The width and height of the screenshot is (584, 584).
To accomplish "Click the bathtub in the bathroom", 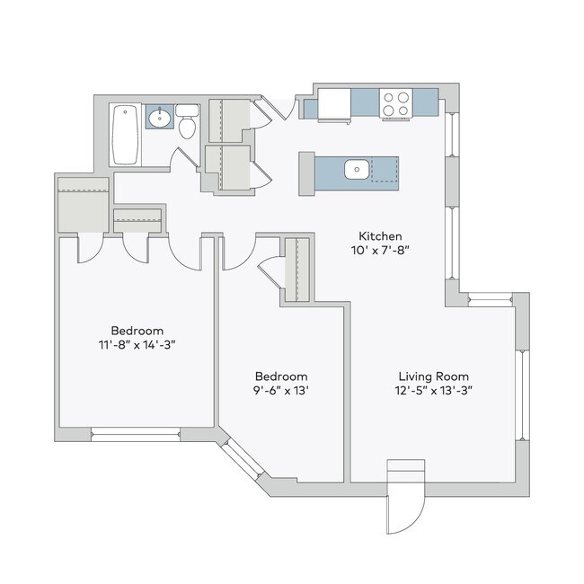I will click(x=125, y=135).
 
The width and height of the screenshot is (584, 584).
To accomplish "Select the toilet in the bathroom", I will click(x=187, y=124).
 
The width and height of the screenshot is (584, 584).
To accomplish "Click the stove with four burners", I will click(x=395, y=104).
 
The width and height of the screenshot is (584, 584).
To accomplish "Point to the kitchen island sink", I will click(x=356, y=168).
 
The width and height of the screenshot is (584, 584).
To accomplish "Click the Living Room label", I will click(x=434, y=376).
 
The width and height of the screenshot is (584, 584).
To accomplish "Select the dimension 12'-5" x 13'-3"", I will click(x=434, y=391).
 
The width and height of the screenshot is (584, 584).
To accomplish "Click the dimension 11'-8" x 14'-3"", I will click(x=137, y=344).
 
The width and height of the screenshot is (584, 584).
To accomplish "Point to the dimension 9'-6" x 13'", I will click(x=281, y=391).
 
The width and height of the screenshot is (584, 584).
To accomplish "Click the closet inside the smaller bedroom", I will click(x=296, y=270).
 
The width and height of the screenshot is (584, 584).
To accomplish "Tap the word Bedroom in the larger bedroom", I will click(x=137, y=329).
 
